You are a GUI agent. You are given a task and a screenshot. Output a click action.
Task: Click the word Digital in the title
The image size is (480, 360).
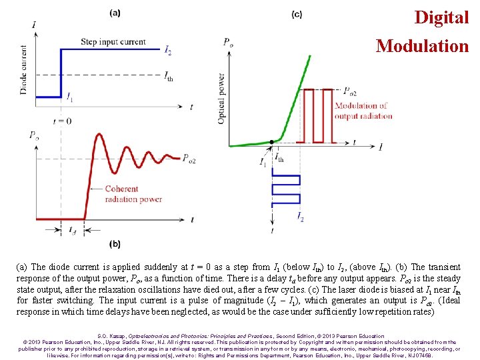coord(441,17)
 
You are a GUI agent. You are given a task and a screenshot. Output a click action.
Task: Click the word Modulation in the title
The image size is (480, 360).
coord(422,46)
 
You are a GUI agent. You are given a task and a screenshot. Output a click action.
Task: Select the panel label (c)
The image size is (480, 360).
coord(297,14)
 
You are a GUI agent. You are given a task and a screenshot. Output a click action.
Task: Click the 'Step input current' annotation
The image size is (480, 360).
coord(113,42)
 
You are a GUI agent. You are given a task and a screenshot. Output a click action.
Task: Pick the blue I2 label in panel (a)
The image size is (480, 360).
coord(168,51)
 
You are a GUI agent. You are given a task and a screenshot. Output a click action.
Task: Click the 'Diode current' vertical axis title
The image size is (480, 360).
coord(24,69)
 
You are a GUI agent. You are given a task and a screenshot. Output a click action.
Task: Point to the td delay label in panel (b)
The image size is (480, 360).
coord(72,231)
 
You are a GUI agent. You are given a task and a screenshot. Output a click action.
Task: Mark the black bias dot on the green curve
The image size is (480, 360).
coord(272,142)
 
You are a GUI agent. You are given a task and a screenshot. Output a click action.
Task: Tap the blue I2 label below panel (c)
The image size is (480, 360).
coord(300,216)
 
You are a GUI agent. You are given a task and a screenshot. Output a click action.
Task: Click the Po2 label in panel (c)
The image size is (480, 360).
coord(347,93)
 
